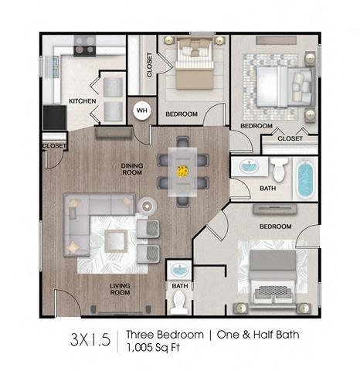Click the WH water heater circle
tap(141, 111)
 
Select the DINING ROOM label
tap(134, 168)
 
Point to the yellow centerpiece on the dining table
tap(185, 171)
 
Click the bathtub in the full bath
tap(306, 179)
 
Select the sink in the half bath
tap(179, 271)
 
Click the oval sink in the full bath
tap(250, 167)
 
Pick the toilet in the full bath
tap(279, 169)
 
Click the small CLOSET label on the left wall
tap(54, 145)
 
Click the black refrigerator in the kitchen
tap(54, 117)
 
